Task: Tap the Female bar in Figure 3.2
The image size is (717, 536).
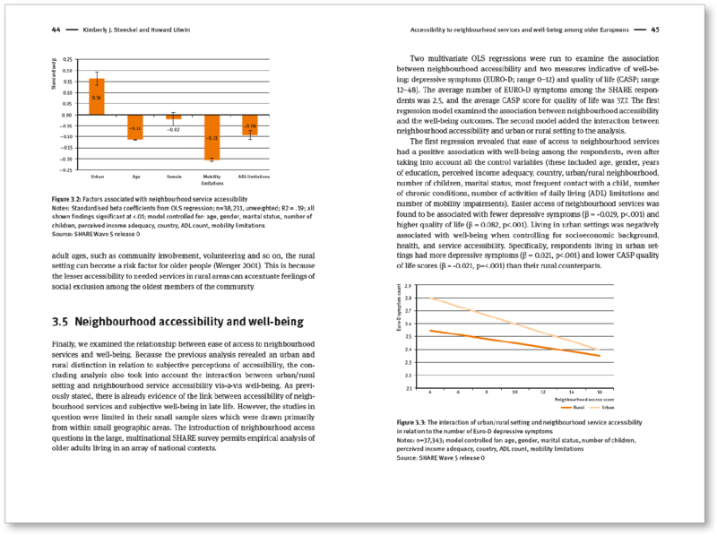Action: click(x=173, y=117)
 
